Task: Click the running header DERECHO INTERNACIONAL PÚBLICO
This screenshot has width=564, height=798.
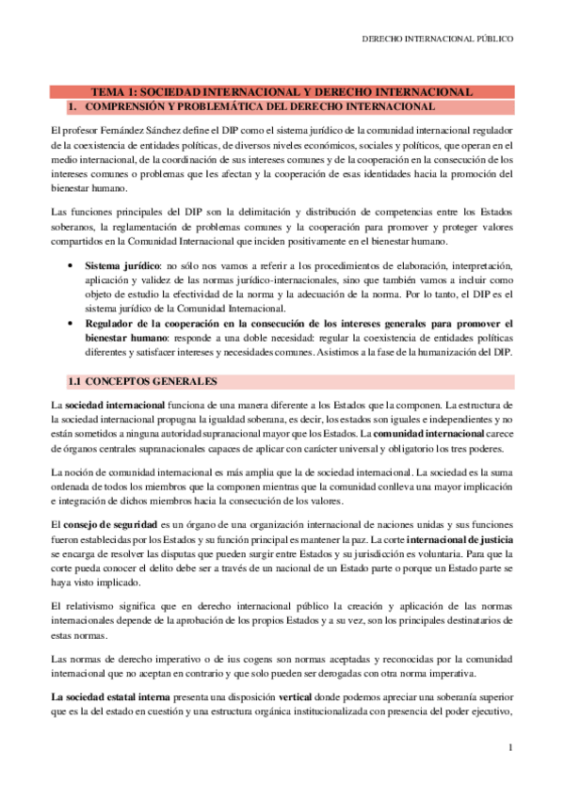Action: pyautogui.click(x=438, y=40)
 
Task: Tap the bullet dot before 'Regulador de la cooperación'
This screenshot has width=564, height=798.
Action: pyautogui.click(x=73, y=324)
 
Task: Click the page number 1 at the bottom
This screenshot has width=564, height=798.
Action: pyautogui.click(x=508, y=748)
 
